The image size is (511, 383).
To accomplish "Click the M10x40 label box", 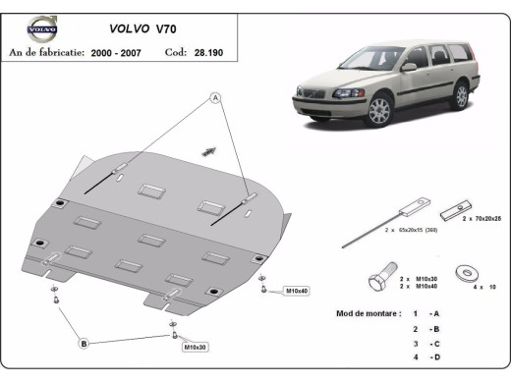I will coord(296,291).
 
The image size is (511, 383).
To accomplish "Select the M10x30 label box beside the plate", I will coord(195,347).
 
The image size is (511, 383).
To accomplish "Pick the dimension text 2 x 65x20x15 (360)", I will coord(383,228).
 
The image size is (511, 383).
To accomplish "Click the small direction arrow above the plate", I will coord(208,149).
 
